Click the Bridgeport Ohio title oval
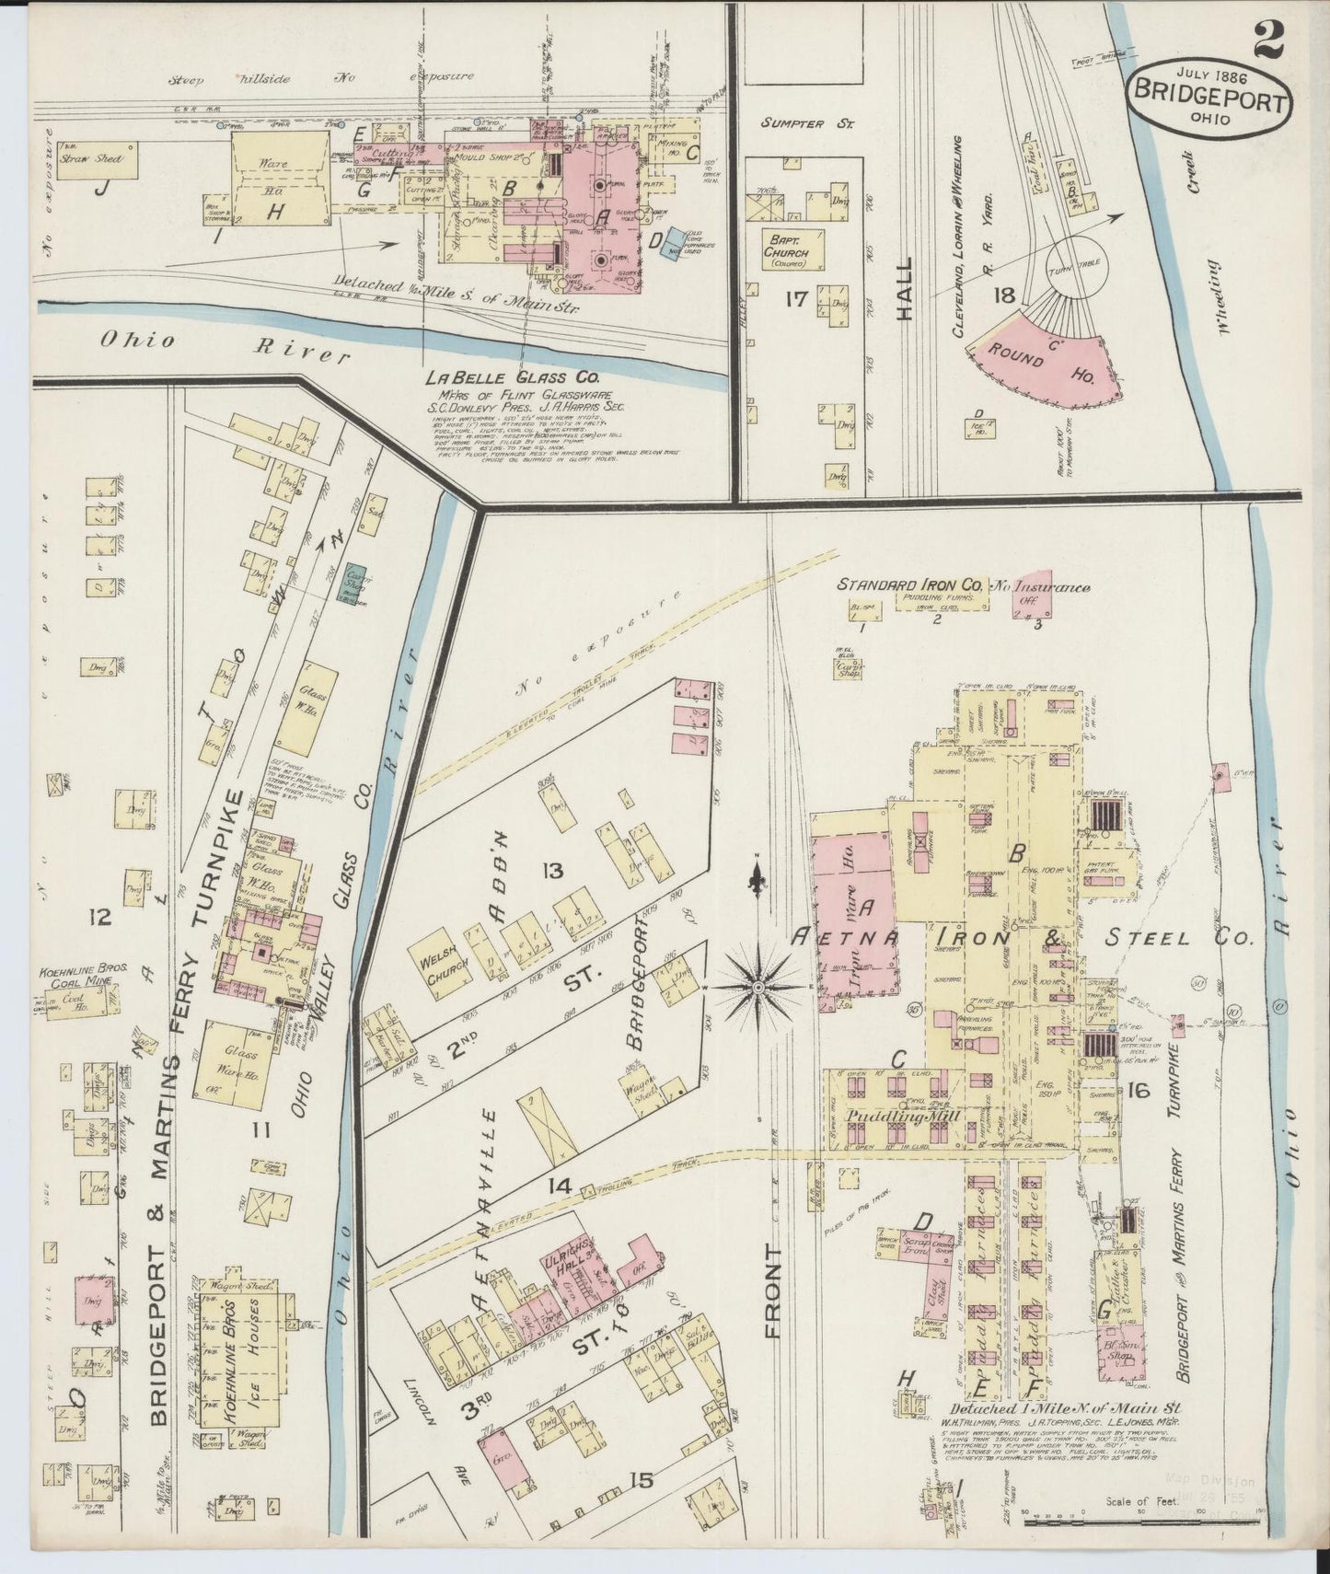(x=1207, y=98)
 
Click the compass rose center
(x=758, y=988)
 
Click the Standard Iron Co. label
(x=909, y=584)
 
